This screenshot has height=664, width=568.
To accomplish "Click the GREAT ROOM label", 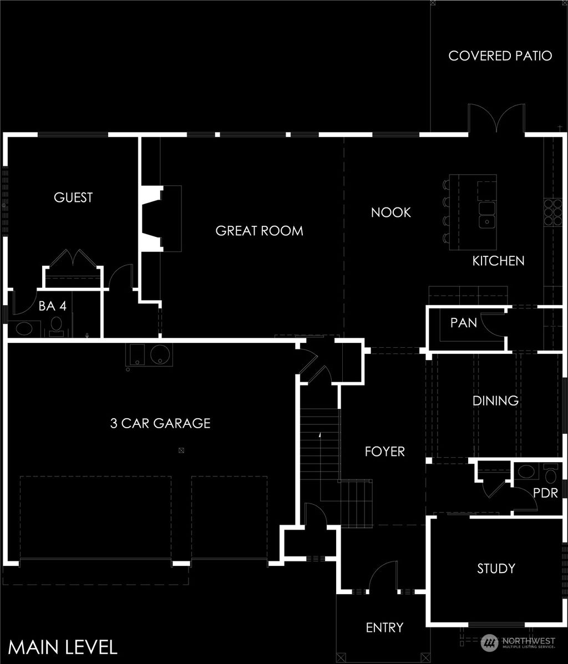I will click(259, 231).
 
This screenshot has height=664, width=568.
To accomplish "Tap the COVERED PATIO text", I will click(500, 56).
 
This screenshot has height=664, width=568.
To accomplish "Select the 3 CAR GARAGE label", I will click(160, 424).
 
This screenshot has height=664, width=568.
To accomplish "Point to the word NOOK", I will click(390, 212).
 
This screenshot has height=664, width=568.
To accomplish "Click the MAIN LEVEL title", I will click(63, 647).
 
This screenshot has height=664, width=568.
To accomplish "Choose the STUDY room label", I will click(496, 569).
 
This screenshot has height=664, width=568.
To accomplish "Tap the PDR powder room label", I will click(545, 493).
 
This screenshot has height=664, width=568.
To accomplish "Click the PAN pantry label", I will click(463, 322).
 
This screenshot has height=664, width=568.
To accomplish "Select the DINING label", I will click(495, 401).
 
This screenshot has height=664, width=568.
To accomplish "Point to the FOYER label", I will click(384, 452).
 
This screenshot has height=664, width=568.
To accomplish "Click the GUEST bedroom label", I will click(73, 197).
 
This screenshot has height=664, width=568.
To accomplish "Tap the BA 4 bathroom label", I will click(53, 306).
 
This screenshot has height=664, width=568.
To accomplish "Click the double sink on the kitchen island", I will click(487, 216).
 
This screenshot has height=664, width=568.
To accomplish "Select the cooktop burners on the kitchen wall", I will click(552, 211).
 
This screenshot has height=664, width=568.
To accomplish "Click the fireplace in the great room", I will click(161, 219).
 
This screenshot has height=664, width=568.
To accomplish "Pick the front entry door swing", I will click(383, 577).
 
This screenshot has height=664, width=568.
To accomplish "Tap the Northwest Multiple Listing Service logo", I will click(518, 642).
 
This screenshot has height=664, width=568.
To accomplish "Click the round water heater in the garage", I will click(161, 354).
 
